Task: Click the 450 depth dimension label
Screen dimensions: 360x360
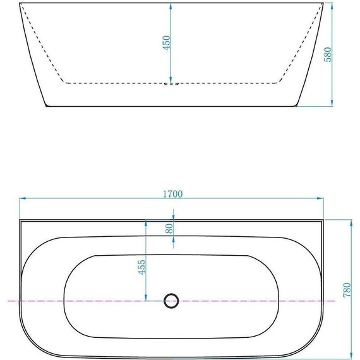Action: pyautogui.click(x=166, y=43)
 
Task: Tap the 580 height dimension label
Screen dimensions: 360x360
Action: pyautogui.click(x=328, y=54)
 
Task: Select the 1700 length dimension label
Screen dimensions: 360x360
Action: pyautogui.click(x=173, y=194)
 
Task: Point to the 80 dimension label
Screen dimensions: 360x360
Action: pyautogui.click(x=169, y=229)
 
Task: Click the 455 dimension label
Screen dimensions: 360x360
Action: pyautogui.click(x=141, y=267)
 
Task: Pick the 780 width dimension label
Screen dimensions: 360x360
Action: pyautogui.click(x=347, y=290)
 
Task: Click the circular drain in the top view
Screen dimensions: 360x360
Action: pyautogui.click(x=171, y=301)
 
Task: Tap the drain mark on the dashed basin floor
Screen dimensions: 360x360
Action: pyautogui.click(x=171, y=84)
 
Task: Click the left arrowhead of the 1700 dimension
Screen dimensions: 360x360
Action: pyautogui.click(x=23, y=198)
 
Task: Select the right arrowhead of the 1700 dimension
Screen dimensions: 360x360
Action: pyautogui.click(x=320, y=198)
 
